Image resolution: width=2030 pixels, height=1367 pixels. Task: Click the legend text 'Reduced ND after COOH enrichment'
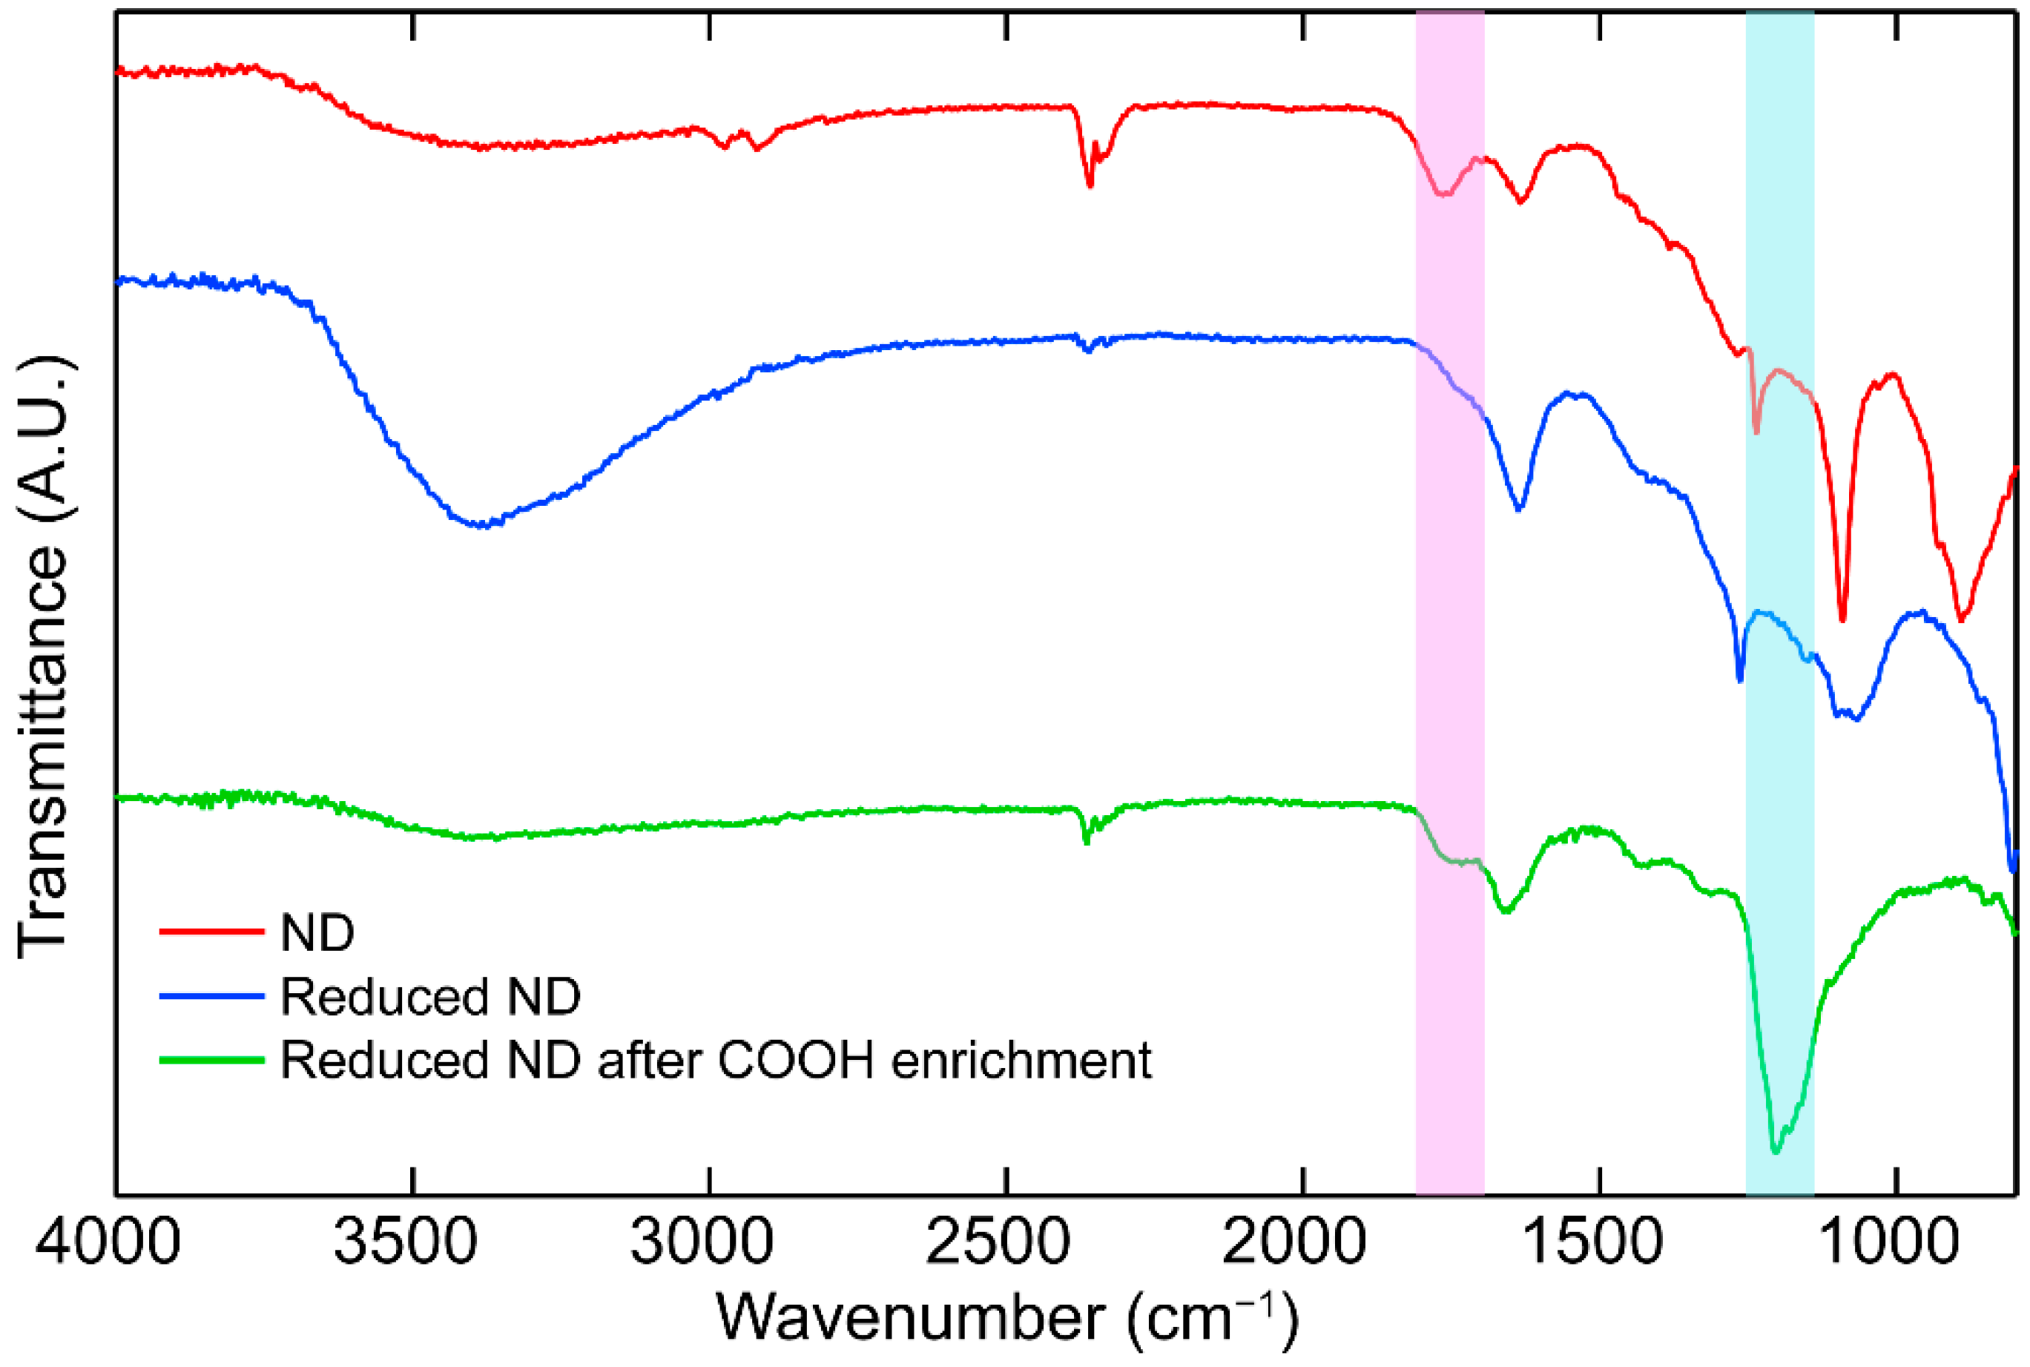tap(715, 1061)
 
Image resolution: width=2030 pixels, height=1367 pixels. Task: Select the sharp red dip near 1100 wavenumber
tap(1842, 620)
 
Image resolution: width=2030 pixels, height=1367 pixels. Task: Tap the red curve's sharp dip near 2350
tap(1090, 185)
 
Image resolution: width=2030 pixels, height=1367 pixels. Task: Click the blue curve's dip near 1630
tap(1519, 508)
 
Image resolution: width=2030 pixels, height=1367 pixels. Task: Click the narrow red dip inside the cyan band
tap(1756, 432)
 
